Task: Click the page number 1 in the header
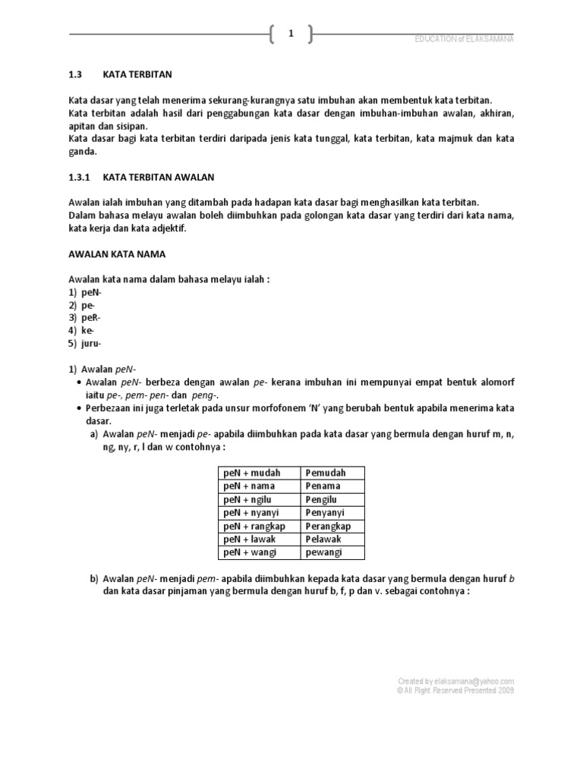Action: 291,33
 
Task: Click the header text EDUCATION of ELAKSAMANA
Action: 465,39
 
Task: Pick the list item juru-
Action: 92,344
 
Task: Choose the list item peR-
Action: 91,317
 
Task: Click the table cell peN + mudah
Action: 251,473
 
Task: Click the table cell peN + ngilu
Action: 249,499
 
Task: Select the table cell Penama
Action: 323,486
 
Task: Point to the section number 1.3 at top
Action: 75,74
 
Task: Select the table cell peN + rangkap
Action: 254,526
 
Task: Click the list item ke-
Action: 88,331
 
